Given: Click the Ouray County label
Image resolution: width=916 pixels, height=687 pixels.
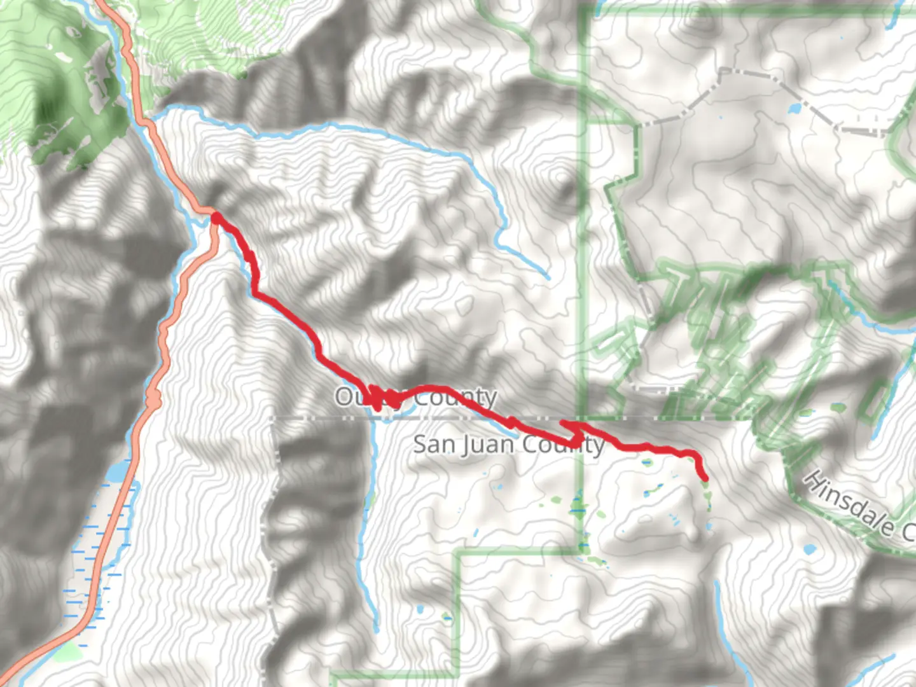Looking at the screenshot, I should pos(415,398).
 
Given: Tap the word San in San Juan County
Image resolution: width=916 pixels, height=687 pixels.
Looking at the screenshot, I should pos(434,444).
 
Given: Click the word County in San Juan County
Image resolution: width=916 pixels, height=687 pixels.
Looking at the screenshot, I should pos(560,444).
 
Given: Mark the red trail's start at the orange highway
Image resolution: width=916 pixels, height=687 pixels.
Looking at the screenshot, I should pos(216,218).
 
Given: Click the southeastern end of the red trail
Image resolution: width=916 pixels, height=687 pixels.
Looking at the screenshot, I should pos(704,478).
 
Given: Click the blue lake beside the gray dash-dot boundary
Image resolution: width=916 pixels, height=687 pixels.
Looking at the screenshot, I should pos(794,109).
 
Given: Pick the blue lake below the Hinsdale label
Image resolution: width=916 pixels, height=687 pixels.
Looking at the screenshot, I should pos(809,548).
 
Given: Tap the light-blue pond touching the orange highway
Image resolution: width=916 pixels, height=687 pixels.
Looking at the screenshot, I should pos(118,472).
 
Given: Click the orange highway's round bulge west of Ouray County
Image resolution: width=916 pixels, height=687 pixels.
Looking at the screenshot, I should pos(153,398).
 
